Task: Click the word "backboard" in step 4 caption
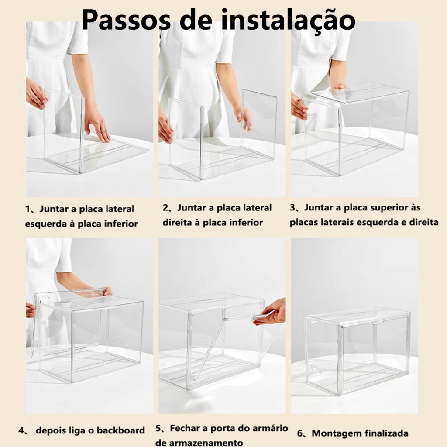coord(121,430)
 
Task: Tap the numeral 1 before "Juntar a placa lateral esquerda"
coord(28,209)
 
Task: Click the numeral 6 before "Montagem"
coord(300,433)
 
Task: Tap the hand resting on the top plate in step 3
coord(339,87)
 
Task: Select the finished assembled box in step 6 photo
coord(357,351)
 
